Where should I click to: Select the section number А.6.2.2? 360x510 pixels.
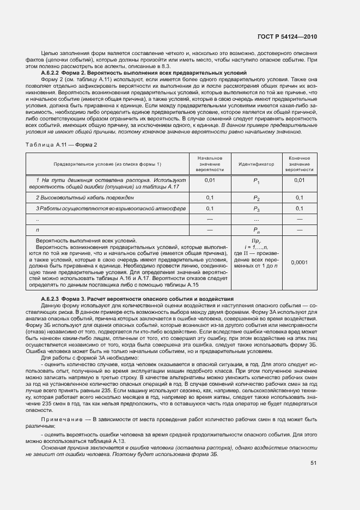(x=52, y=72)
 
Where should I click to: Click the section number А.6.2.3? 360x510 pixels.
(x=52, y=300)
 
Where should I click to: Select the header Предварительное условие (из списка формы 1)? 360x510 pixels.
(x=107, y=164)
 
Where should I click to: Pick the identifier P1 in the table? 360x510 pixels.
(x=256, y=181)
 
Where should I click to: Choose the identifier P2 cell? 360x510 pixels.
(x=256, y=198)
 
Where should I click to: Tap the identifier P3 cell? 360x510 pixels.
(x=256, y=209)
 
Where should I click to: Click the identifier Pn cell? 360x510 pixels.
(x=256, y=230)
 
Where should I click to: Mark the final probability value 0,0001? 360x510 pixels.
(x=299, y=263)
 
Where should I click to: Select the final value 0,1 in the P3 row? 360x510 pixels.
(x=299, y=208)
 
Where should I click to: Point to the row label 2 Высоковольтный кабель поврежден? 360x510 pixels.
(x=84, y=197)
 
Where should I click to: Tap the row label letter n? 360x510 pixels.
(x=37, y=230)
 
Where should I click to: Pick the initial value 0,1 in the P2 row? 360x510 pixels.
(x=210, y=197)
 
